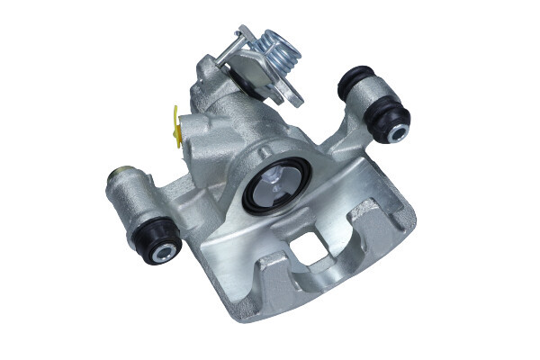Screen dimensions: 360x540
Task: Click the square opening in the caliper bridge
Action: (307, 248)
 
